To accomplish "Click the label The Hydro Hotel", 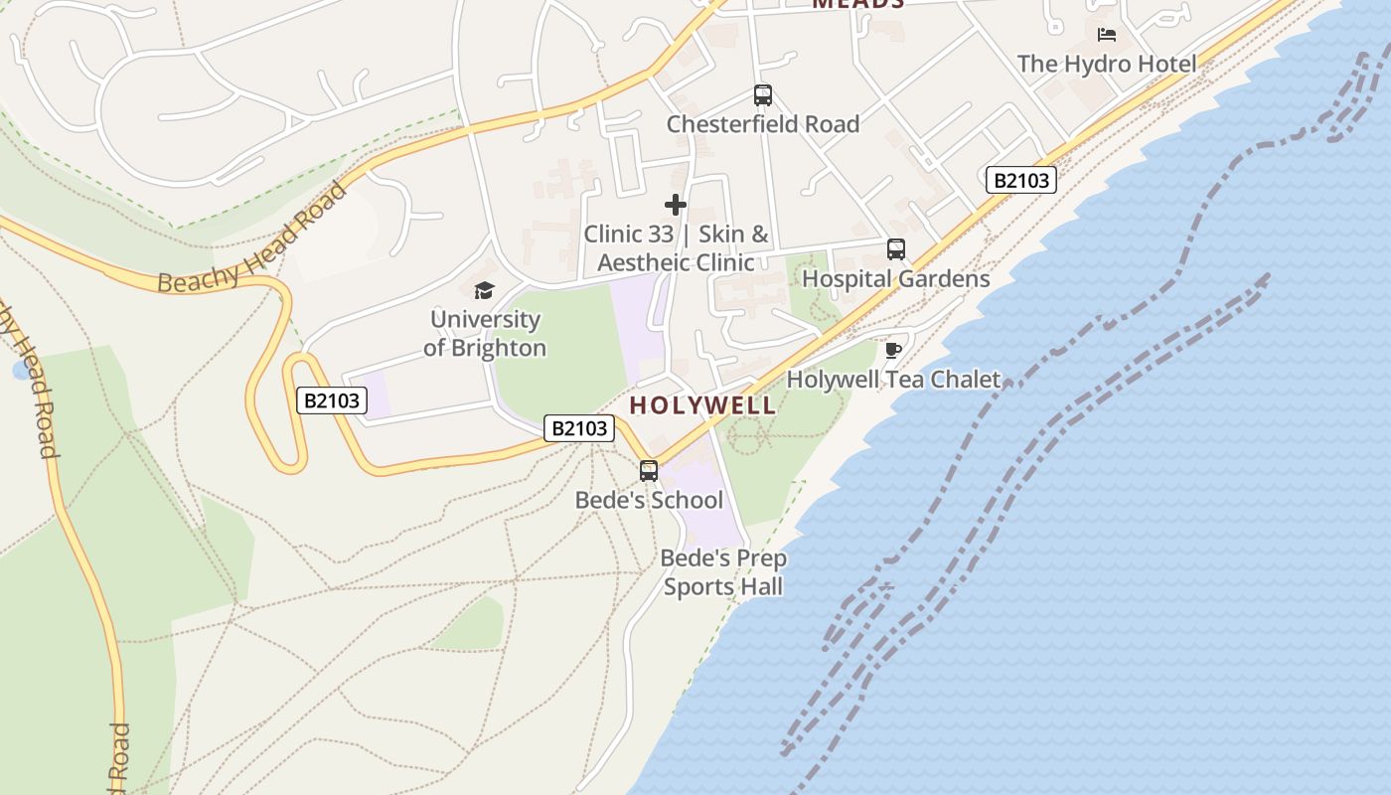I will click(1106, 64).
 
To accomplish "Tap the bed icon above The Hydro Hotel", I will click(1107, 36).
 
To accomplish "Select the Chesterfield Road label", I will click(762, 124).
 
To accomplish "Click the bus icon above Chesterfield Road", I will click(762, 95).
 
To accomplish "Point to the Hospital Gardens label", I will click(895, 278).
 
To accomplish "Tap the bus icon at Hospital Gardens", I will click(895, 249).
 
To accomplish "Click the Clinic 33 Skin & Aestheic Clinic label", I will click(676, 248).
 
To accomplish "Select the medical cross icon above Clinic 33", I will click(676, 205).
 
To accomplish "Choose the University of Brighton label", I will click(485, 333).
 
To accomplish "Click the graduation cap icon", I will click(484, 290).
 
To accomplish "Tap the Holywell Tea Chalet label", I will click(893, 379).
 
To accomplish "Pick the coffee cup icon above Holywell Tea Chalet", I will click(892, 350).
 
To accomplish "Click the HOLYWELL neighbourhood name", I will click(702, 405).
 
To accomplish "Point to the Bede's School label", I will click(649, 500).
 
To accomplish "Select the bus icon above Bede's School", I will click(649, 471).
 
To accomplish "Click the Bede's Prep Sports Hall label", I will click(722, 572).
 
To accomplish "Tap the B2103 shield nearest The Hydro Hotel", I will click(1020, 180).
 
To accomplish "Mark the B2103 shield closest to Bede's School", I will click(579, 428).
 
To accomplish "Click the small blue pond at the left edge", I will click(22, 371).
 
